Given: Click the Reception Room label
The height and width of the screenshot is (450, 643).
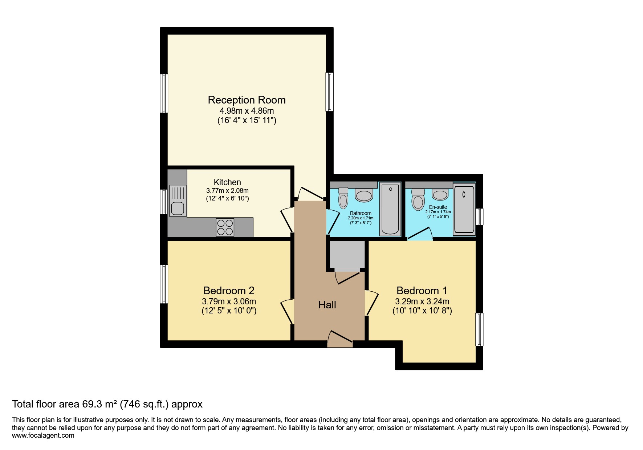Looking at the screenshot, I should (247, 100).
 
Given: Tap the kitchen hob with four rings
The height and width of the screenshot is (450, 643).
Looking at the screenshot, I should (225, 227).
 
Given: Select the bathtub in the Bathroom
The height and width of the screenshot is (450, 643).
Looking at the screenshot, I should (390, 209).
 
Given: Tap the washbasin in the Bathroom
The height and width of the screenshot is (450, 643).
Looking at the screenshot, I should (364, 195).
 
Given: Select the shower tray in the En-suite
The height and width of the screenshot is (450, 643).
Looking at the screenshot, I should (464, 209).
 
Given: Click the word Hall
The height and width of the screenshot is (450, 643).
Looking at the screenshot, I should (327, 305).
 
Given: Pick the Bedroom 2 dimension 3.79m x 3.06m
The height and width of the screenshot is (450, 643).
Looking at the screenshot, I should (229, 301).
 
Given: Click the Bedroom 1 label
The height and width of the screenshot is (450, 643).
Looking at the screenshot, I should (422, 291).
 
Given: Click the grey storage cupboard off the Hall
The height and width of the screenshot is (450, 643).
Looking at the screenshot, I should (347, 255).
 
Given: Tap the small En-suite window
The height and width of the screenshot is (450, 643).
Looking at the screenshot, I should (480, 216).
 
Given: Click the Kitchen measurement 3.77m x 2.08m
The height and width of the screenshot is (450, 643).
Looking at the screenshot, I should (227, 191).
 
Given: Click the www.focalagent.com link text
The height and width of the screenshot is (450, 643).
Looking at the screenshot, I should (43, 435).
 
